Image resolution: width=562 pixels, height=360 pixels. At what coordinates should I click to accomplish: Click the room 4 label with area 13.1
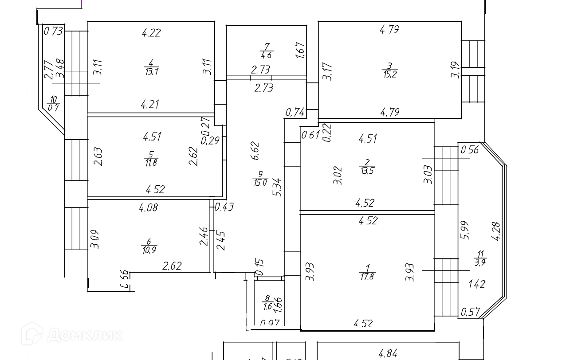tap(151, 67)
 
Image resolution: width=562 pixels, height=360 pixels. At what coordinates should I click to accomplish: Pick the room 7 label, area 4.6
tap(267, 51)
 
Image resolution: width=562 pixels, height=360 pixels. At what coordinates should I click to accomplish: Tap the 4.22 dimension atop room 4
tap(151, 32)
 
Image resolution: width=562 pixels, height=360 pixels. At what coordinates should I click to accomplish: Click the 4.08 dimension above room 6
tap(149, 207)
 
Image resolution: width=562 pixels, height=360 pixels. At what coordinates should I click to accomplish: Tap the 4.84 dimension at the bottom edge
tap(388, 354)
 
